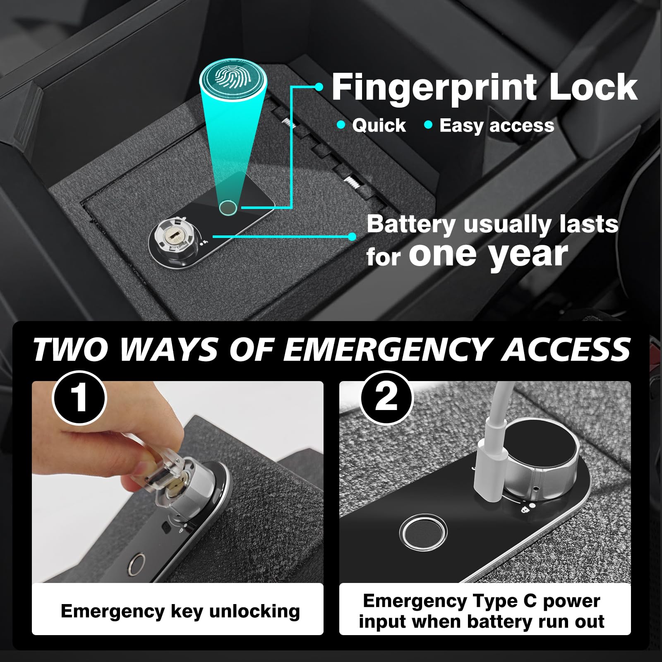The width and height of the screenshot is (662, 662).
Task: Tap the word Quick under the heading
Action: click(x=379, y=126)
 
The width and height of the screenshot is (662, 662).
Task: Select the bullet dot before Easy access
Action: click(x=428, y=125)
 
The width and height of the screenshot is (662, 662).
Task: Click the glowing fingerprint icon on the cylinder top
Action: click(x=233, y=76)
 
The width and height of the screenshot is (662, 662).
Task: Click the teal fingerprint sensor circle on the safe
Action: click(x=228, y=207)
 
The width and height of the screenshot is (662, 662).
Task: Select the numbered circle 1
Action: click(x=79, y=398)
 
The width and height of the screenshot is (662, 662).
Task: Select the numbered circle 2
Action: click(x=386, y=398)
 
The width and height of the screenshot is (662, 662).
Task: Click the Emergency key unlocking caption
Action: click(x=180, y=611)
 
